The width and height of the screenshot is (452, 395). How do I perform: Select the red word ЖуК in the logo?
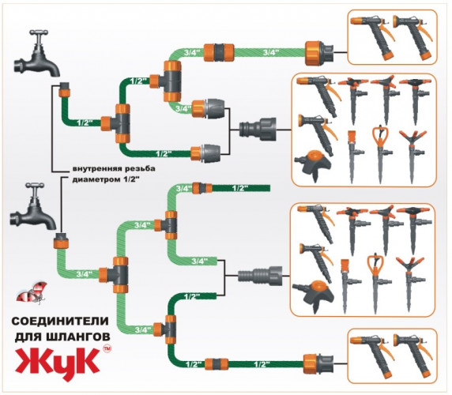57,364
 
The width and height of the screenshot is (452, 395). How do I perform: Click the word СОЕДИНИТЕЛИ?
60,322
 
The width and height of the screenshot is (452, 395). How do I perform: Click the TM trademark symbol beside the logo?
107,348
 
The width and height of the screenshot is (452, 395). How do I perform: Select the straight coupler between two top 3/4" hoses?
219,52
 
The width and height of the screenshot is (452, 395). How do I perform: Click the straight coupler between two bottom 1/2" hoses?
217,364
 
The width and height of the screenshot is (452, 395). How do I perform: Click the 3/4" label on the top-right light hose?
271,52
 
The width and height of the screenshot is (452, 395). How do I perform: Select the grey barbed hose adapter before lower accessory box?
260,276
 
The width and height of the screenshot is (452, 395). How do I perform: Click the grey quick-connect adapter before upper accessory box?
258,130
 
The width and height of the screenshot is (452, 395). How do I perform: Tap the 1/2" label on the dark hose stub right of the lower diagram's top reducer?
239,189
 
